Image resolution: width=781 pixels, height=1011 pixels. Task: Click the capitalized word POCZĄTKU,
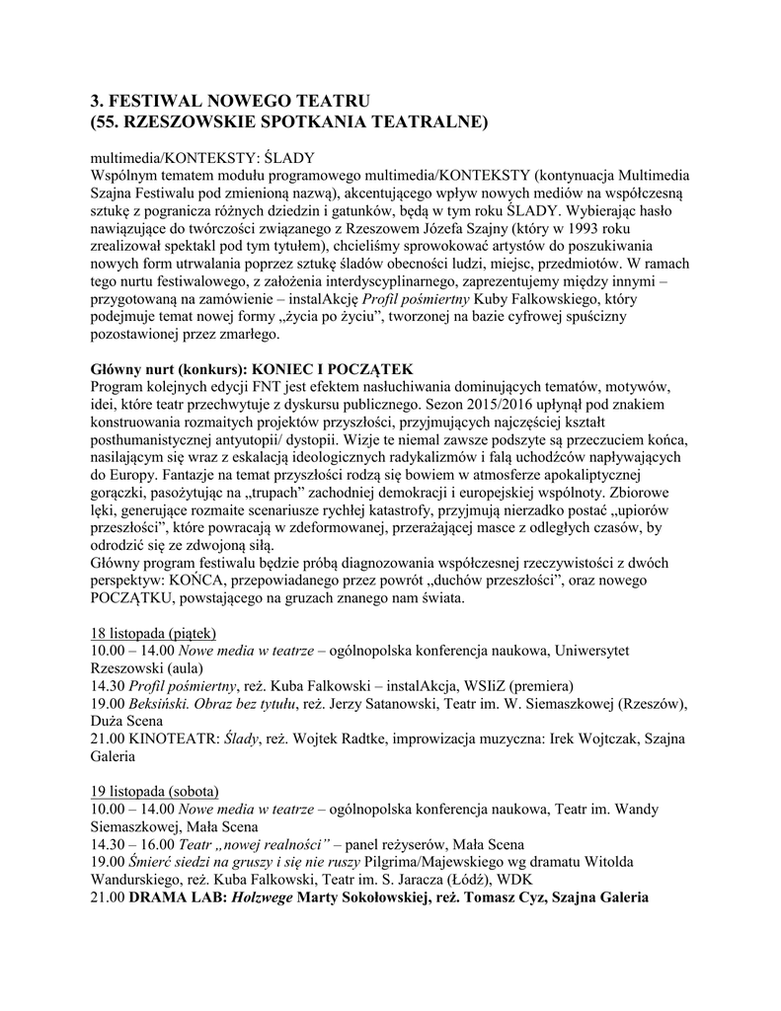(x=134, y=599)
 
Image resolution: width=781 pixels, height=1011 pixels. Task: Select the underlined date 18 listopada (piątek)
(x=153, y=633)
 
